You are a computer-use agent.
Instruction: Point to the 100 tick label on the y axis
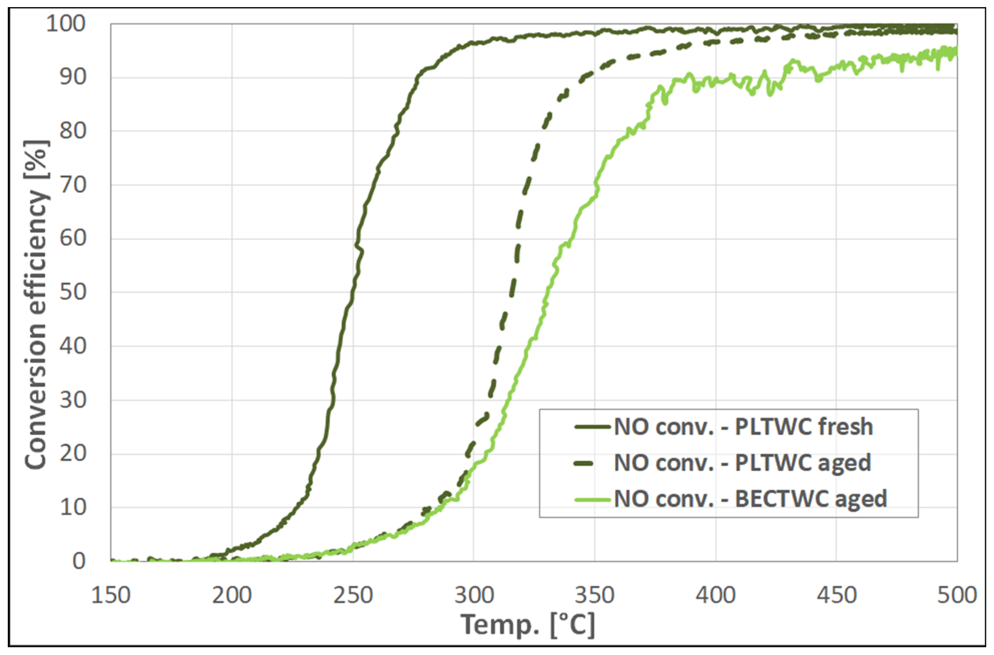coord(66,24)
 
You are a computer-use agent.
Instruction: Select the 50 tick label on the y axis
coord(73,292)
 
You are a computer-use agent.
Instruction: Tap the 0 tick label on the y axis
coord(79,561)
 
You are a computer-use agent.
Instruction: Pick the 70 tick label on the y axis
coord(73,185)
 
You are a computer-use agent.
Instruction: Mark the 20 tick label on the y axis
coord(73,454)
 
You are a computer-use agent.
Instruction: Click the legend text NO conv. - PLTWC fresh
coord(743,427)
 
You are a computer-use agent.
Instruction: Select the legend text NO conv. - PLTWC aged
coord(743,463)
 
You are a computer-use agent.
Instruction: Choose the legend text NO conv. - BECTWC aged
coord(750,499)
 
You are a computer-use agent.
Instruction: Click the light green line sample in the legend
coord(592,499)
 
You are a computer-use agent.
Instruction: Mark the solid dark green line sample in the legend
coord(592,427)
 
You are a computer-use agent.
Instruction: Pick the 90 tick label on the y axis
coord(73,78)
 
